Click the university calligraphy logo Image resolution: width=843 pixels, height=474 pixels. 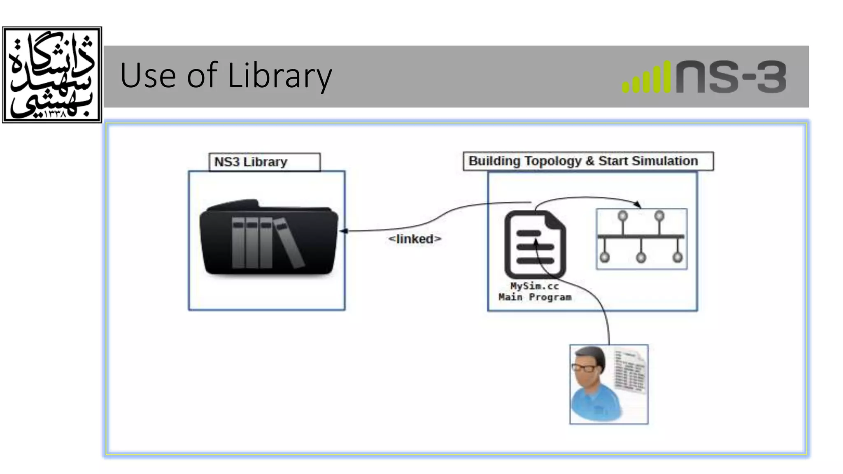(x=52, y=75)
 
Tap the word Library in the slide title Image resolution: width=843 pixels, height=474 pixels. (x=279, y=76)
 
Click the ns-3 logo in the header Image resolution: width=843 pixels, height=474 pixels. (x=704, y=77)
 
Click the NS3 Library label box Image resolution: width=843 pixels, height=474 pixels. (x=264, y=162)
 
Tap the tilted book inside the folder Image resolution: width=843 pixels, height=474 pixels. (x=289, y=243)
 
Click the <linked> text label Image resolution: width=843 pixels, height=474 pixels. (x=415, y=239)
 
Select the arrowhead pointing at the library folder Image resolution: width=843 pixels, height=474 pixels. (x=343, y=231)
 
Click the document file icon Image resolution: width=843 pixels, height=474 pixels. (x=535, y=244)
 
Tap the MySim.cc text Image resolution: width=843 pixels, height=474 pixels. (x=534, y=286)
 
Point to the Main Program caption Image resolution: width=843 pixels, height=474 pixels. (x=535, y=297)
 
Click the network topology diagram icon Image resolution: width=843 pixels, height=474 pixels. (x=641, y=239)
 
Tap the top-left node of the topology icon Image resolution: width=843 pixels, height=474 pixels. (x=623, y=216)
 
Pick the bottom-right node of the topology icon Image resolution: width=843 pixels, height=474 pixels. (x=677, y=258)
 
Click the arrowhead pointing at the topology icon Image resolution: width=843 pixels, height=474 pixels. (x=638, y=204)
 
